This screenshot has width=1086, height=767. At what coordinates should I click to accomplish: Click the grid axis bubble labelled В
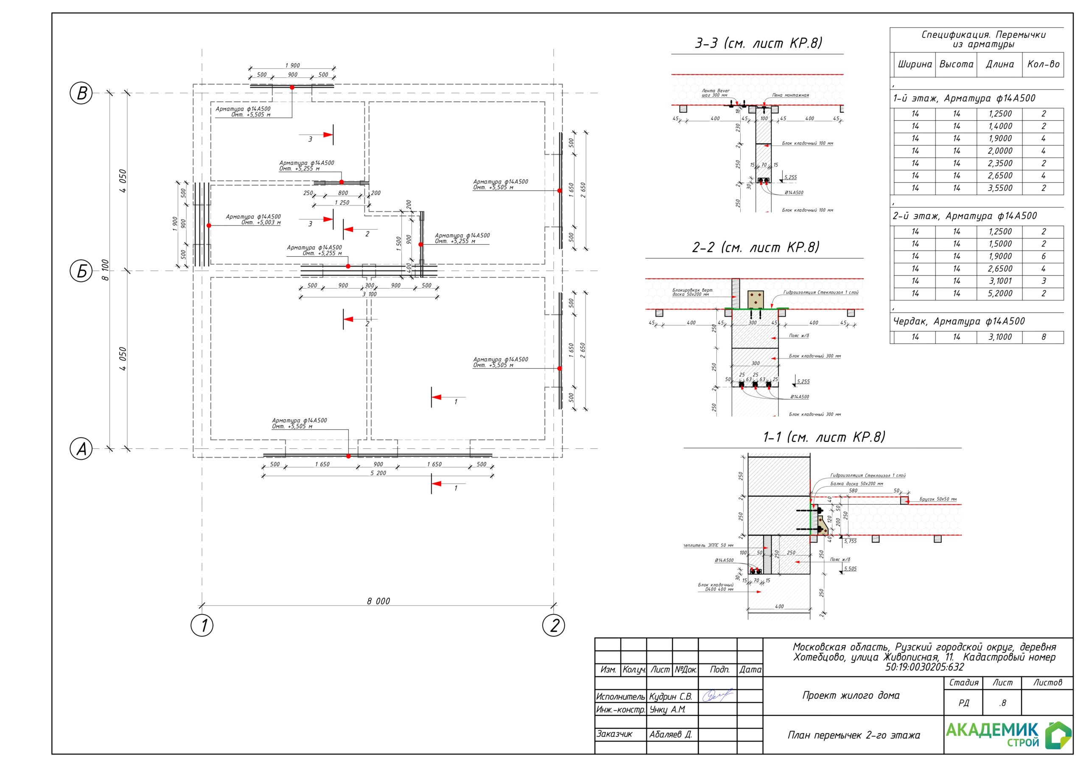[81, 93]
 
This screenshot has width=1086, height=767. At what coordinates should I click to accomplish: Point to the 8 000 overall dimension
[378, 601]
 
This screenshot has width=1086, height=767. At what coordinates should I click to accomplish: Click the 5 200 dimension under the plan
[378, 473]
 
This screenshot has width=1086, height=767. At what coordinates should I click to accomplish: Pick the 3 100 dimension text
[369, 295]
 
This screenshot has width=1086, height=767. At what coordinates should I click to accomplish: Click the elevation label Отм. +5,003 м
[261, 222]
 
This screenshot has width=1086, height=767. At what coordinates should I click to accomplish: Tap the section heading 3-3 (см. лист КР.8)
[758, 44]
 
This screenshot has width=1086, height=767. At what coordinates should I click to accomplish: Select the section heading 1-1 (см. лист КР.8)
[824, 437]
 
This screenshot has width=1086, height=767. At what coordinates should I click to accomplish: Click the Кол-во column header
[1043, 64]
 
